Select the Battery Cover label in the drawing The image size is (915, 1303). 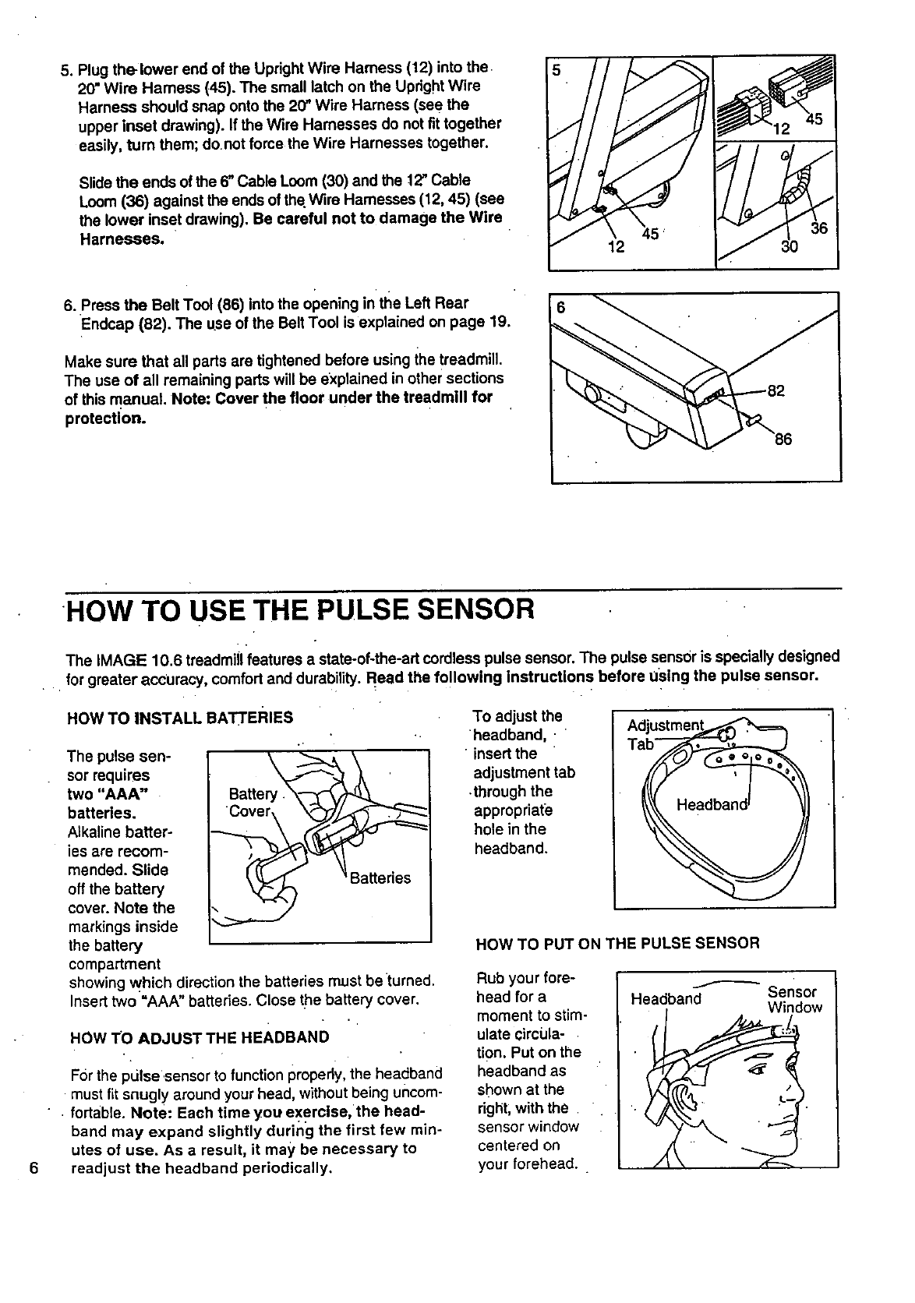[251, 802]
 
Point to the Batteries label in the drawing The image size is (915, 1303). [380, 878]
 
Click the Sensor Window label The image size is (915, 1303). [793, 999]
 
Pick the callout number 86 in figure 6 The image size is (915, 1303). [783, 439]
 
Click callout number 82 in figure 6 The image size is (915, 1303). [776, 391]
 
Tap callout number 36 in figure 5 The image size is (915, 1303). [818, 228]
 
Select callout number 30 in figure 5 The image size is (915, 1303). [790, 247]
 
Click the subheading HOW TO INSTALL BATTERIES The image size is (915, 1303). [180, 717]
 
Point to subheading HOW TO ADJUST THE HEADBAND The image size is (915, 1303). [200, 1037]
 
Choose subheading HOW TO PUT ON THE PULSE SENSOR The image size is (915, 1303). [616, 944]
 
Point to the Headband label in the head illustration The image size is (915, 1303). [666, 999]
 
